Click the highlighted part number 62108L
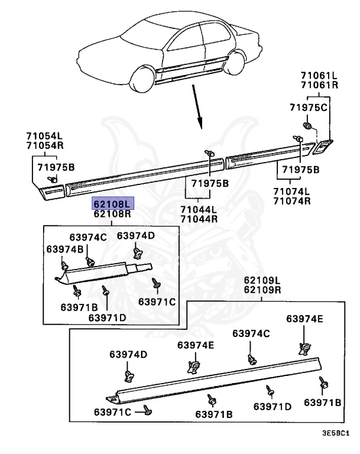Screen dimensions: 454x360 tap(112, 203)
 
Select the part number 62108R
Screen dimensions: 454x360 tap(112, 214)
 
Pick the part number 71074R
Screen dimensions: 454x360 tap(291, 200)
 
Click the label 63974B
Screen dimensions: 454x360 tap(65, 249)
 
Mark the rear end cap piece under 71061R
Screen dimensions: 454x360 tap(323, 146)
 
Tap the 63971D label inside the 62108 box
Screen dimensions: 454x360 tap(108, 317)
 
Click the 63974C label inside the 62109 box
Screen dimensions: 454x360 tap(251, 333)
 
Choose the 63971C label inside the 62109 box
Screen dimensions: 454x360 tap(112, 411)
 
